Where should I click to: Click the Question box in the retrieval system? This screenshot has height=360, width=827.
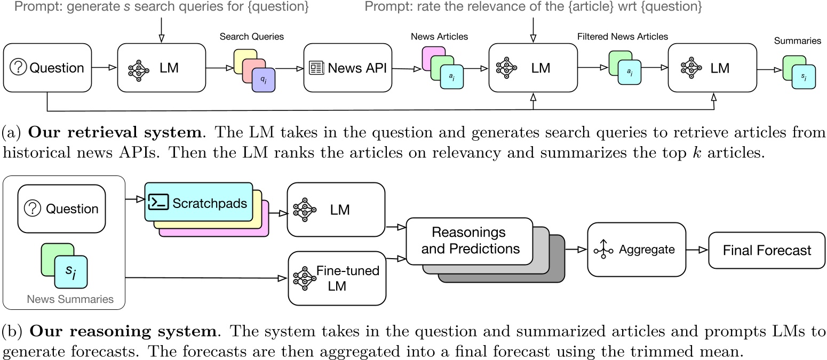(47, 68)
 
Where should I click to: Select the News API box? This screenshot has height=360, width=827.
(348, 68)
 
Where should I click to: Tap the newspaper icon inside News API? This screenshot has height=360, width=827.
(316, 68)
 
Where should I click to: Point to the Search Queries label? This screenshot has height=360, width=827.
(252, 37)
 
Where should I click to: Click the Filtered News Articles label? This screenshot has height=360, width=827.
(622, 37)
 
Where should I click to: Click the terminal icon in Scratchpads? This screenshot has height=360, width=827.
(158, 202)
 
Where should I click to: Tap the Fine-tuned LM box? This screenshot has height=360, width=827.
(337, 278)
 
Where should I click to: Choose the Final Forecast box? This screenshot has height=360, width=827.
(766, 250)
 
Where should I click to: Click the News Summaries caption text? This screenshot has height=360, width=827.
(70, 299)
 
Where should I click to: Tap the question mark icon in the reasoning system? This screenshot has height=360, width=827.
(33, 209)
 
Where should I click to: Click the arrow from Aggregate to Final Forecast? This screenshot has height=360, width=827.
(696, 250)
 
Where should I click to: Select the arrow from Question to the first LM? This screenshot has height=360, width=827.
(104, 68)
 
